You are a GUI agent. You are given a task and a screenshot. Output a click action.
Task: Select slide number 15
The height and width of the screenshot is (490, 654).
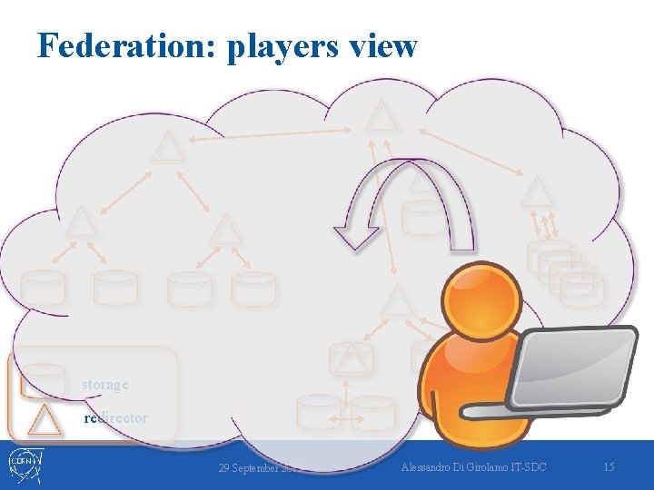(x=609, y=466)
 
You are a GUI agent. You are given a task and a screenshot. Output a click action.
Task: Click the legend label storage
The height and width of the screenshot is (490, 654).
(x=105, y=384)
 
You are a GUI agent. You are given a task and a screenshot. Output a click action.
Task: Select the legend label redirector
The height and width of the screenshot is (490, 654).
(x=115, y=417)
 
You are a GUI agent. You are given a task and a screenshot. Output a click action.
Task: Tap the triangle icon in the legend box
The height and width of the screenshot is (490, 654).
(x=43, y=419)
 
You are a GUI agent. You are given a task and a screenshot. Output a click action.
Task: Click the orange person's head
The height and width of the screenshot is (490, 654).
(x=478, y=296)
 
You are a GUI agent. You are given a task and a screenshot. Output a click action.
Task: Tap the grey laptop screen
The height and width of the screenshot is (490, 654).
(x=571, y=367)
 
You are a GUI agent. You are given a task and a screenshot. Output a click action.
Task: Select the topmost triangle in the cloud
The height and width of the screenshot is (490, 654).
(x=381, y=116)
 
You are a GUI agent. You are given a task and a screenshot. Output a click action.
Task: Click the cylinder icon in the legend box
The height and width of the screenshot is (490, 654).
(x=43, y=379)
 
